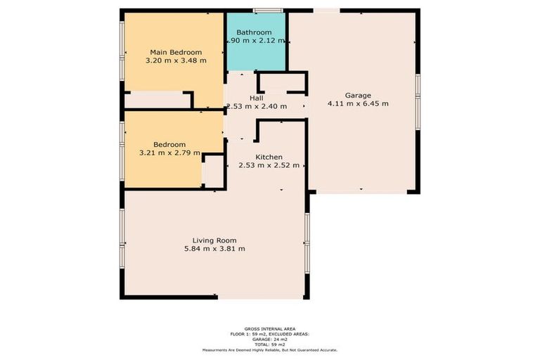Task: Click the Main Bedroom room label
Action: click(175, 52)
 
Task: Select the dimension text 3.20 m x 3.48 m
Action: click(175, 61)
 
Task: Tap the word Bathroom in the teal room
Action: click(254, 32)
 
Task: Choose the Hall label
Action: click(257, 98)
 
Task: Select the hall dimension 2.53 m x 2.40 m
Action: click(256, 107)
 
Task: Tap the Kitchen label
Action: click(269, 157)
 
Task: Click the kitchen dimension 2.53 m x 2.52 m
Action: click(269, 166)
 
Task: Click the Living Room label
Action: click(214, 240)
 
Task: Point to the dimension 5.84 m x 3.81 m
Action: click(214, 249)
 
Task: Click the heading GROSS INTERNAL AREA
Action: click(269, 328)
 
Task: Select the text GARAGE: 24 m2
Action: click(269, 339)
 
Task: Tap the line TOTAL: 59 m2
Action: click(269, 345)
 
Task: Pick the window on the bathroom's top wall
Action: click(269, 10)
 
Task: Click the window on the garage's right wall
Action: click(417, 102)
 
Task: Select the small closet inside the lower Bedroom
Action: click(212, 172)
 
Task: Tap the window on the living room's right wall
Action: click(307, 240)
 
